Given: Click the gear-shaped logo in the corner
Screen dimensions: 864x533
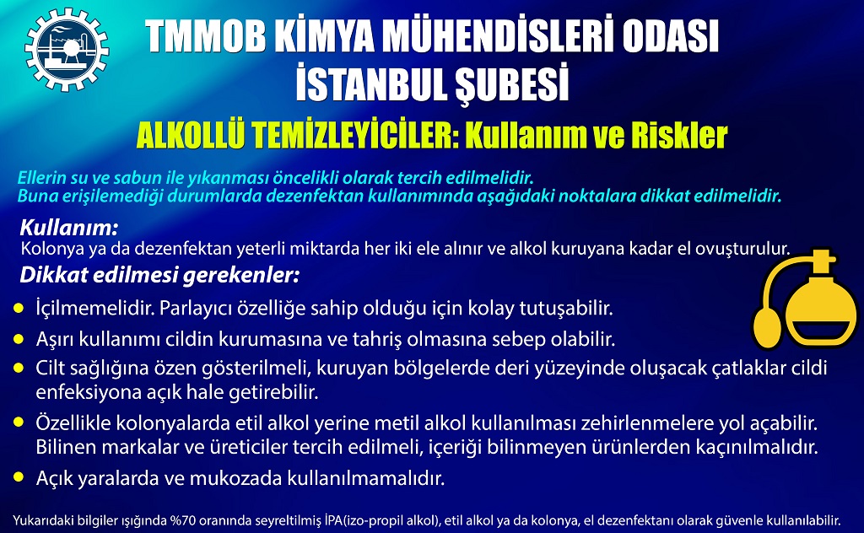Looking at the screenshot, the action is [x=67, y=49].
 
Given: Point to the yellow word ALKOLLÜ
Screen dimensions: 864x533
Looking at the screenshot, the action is [x=191, y=136].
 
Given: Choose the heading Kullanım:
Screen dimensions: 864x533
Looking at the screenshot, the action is [x=69, y=228].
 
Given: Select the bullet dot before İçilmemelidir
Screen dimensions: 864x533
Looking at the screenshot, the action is [x=19, y=308].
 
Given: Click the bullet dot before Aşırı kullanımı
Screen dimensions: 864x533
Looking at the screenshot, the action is [x=19, y=339].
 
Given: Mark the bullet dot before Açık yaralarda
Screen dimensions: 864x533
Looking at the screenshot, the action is [x=19, y=477].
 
